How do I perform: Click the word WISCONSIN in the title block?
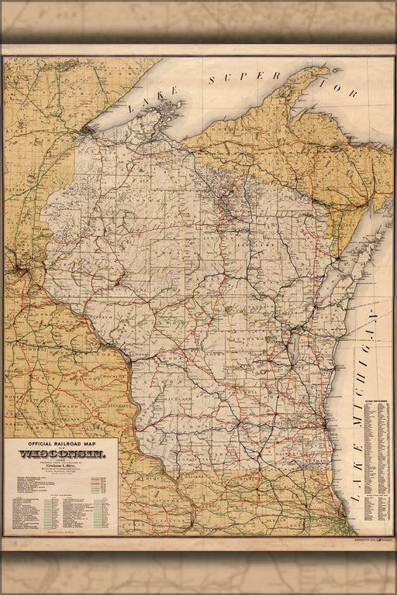[x=61, y=454]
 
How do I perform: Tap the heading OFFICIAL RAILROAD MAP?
[x=61, y=444]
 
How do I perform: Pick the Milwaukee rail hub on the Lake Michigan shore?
[x=323, y=425]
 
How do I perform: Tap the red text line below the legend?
[x=61, y=528]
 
